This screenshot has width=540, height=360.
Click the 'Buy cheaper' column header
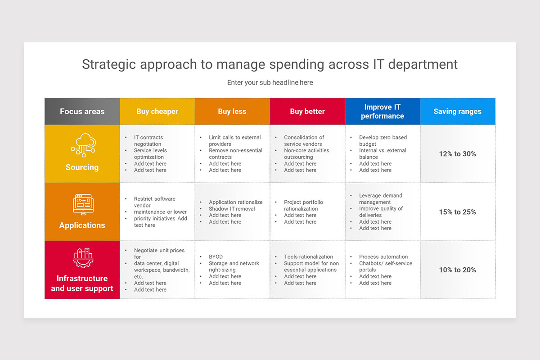point(157,112)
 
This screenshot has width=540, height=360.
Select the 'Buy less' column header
point(232,112)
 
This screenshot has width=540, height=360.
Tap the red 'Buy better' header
point(307,112)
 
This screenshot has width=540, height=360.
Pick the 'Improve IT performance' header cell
point(382,112)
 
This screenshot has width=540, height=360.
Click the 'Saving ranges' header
point(457,112)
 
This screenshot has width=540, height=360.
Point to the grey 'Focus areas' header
point(82,112)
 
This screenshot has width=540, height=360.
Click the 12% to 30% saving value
point(457,154)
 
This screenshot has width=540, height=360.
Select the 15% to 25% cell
point(457,212)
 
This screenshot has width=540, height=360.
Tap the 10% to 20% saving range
point(457,270)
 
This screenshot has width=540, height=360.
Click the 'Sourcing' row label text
point(82,167)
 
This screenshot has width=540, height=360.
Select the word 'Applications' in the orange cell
point(82,225)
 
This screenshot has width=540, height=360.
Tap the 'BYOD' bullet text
point(216,257)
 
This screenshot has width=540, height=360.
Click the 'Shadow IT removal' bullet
point(232,209)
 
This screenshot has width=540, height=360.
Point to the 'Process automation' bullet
point(383,257)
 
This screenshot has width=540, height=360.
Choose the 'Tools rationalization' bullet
point(308,257)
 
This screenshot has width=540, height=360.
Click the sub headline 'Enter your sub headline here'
point(270,83)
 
